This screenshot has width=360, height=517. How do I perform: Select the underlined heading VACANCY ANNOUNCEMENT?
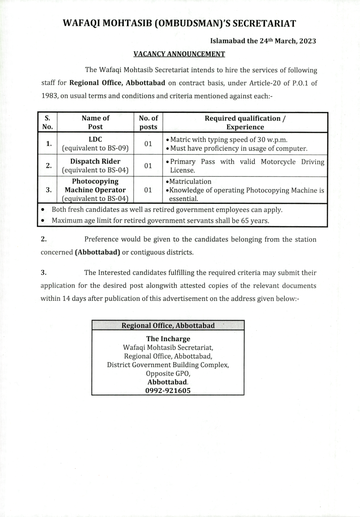point(179,54)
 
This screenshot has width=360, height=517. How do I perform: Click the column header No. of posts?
point(148,122)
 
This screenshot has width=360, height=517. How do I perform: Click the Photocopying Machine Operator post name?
point(95,190)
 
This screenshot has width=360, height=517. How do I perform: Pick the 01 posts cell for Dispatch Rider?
point(148,166)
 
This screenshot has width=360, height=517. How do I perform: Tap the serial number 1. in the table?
point(49,144)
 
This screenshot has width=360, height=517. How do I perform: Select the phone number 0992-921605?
point(168,391)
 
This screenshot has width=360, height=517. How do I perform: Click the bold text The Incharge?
point(168,339)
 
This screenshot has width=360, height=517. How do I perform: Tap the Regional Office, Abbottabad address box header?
point(168,326)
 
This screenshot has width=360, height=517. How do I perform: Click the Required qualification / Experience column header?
point(245,122)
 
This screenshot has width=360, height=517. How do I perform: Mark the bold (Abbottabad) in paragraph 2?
point(97,252)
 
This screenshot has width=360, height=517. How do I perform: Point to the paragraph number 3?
point(43,272)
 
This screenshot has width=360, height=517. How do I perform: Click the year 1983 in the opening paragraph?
point(49,96)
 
